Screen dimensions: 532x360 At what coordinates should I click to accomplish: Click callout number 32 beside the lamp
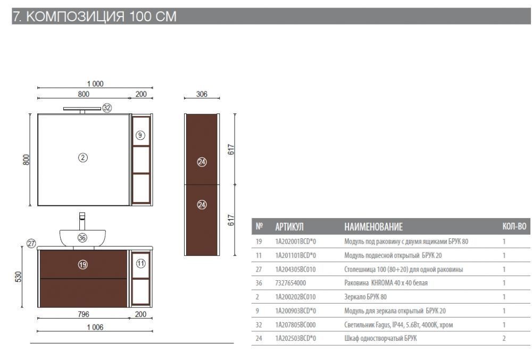[107, 108]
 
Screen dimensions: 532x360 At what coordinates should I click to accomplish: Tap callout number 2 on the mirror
[83, 157]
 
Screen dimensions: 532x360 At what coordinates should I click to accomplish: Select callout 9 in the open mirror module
[140, 135]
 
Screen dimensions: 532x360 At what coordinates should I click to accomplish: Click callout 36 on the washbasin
[82, 238]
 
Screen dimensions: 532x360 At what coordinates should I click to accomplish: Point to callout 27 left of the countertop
[31, 244]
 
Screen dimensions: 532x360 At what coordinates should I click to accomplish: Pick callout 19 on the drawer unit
[83, 264]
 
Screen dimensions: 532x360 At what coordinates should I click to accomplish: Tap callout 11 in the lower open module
[140, 263]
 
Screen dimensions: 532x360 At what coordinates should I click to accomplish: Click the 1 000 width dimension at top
[95, 83]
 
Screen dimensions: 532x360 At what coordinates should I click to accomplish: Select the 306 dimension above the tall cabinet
[202, 94]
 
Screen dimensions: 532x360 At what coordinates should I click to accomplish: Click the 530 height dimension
[18, 277]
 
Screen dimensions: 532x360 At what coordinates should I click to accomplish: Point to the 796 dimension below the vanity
[84, 314]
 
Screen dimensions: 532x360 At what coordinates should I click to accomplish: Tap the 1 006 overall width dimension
[95, 327]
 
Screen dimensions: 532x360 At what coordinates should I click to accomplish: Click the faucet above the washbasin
[82, 221]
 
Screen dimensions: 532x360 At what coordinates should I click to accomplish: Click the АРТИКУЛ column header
[289, 227]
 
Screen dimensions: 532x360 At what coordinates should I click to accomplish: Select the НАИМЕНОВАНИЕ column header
[373, 227]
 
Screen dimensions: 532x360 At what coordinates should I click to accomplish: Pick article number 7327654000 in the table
[290, 283]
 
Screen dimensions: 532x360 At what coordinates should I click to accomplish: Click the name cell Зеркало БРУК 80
[365, 297]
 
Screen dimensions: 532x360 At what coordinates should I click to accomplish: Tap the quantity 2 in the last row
[504, 338]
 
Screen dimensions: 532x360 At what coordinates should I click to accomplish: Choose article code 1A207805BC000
[295, 325]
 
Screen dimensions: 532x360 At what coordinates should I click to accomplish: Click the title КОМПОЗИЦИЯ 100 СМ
[102, 16]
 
